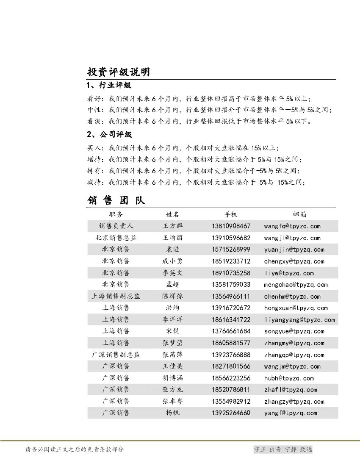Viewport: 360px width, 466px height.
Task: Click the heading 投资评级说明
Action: click(118, 72)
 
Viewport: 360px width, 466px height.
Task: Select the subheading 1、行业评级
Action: click(109, 86)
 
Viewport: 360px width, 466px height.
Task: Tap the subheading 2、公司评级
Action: click(109, 135)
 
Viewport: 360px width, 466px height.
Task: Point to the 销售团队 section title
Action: click(116, 200)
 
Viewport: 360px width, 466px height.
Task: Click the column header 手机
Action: click(231, 214)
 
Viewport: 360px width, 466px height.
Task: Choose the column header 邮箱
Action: click(299, 214)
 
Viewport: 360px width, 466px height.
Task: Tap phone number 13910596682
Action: click(231, 238)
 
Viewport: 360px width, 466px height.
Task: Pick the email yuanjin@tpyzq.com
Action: click(294, 250)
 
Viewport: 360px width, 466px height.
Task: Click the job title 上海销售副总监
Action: click(116, 296)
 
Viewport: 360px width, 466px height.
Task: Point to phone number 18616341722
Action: click(231, 320)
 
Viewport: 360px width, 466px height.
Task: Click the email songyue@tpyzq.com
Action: click(294, 331)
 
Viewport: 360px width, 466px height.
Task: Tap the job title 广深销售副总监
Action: click(116, 355)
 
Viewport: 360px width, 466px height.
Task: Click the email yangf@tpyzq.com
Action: click(291, 413)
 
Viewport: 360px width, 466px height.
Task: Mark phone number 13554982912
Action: click(231, 402)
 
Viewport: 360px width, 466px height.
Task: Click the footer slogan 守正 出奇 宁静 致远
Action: click(283, 449)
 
